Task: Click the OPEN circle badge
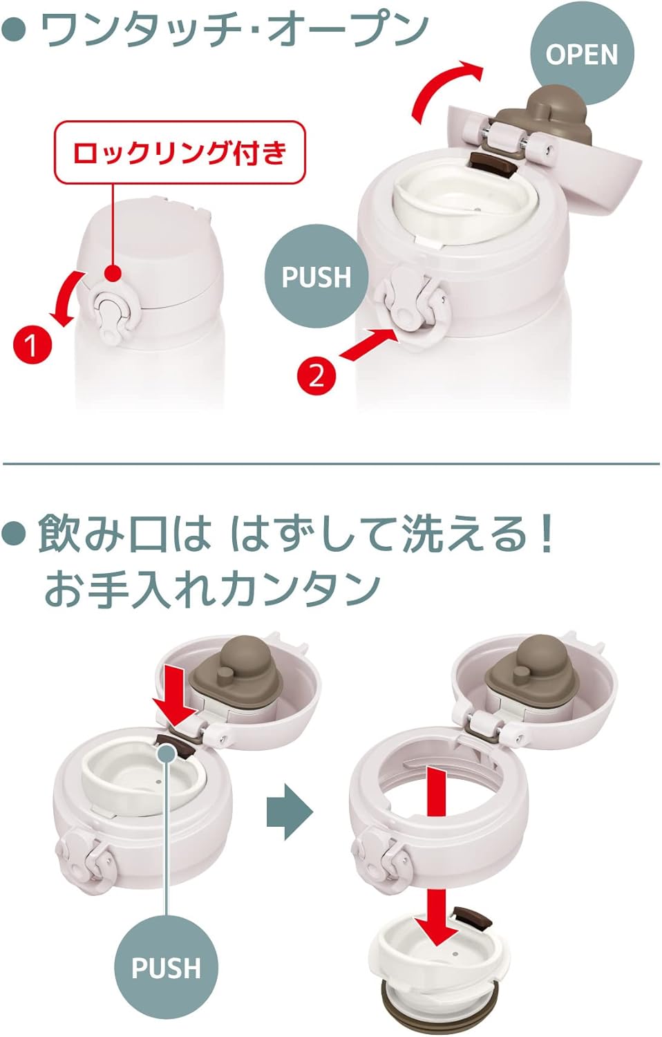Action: pyautogui.click(x=582, y=54)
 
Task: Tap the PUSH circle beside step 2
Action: pyautogui.click(x=316, y=277)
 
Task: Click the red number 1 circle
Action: pyautogui.click(x=32, y=344)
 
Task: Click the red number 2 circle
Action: pyautogui.click(x=316, y=376)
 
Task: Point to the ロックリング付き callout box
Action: pyautogui.click(x=180, y=153)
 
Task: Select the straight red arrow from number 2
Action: pyautogui.click(x=369, y=342)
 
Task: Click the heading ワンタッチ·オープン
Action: pyautogui.click(x=234, y=30)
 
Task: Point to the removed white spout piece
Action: pyautogui.click(x=439, y=974)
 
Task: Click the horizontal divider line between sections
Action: pyautogui.click(x=331, y=463)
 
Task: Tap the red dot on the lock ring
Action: pyautogui.click(x=113, y=273)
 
